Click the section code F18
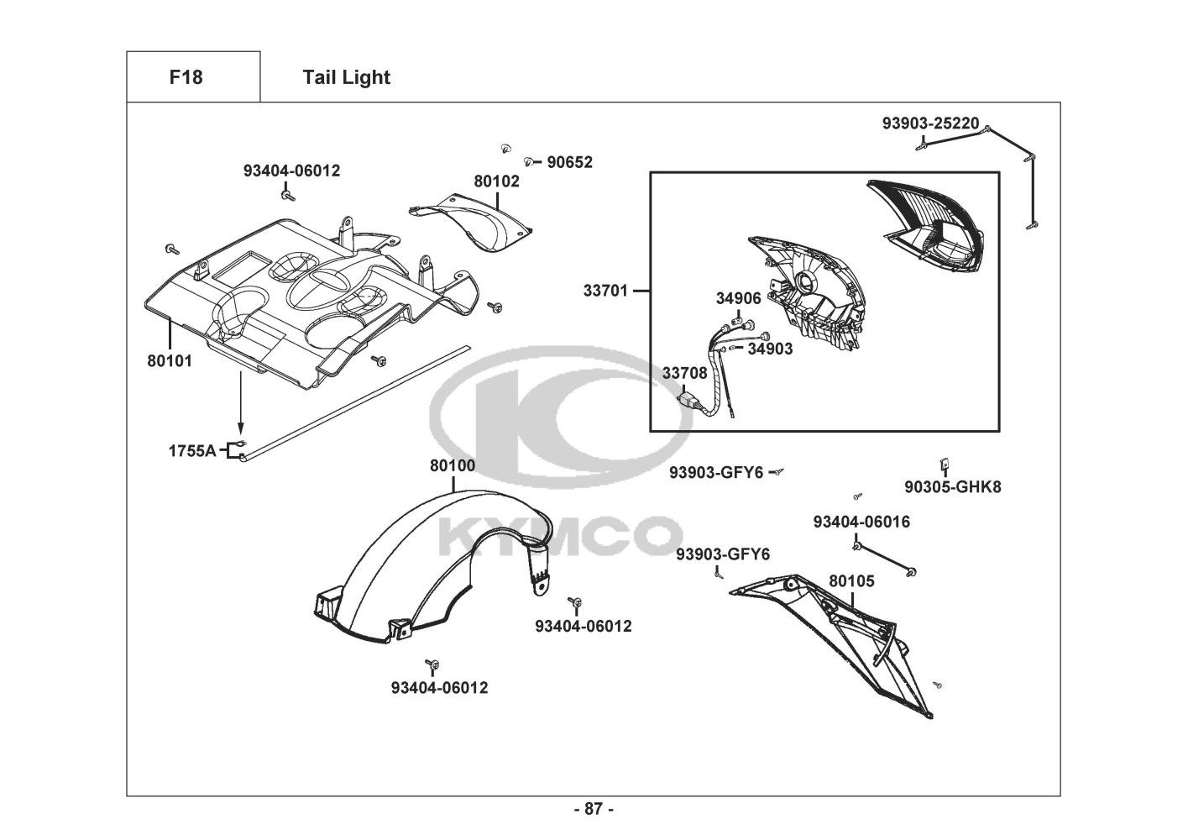point(186,77)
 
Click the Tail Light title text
point(346,77)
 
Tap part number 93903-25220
point(930,123)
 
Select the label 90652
point(569,162)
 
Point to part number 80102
point(496,181)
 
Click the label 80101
point(170,361)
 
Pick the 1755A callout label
point(192,451)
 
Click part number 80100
point(452,465)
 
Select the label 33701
point(605,291)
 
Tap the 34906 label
point(738,298)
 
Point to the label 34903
point(770,349)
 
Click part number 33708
point(684,373)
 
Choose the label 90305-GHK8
point(952,486)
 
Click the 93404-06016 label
point(861,522)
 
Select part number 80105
point(851,581)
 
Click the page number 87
point(594,810)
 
